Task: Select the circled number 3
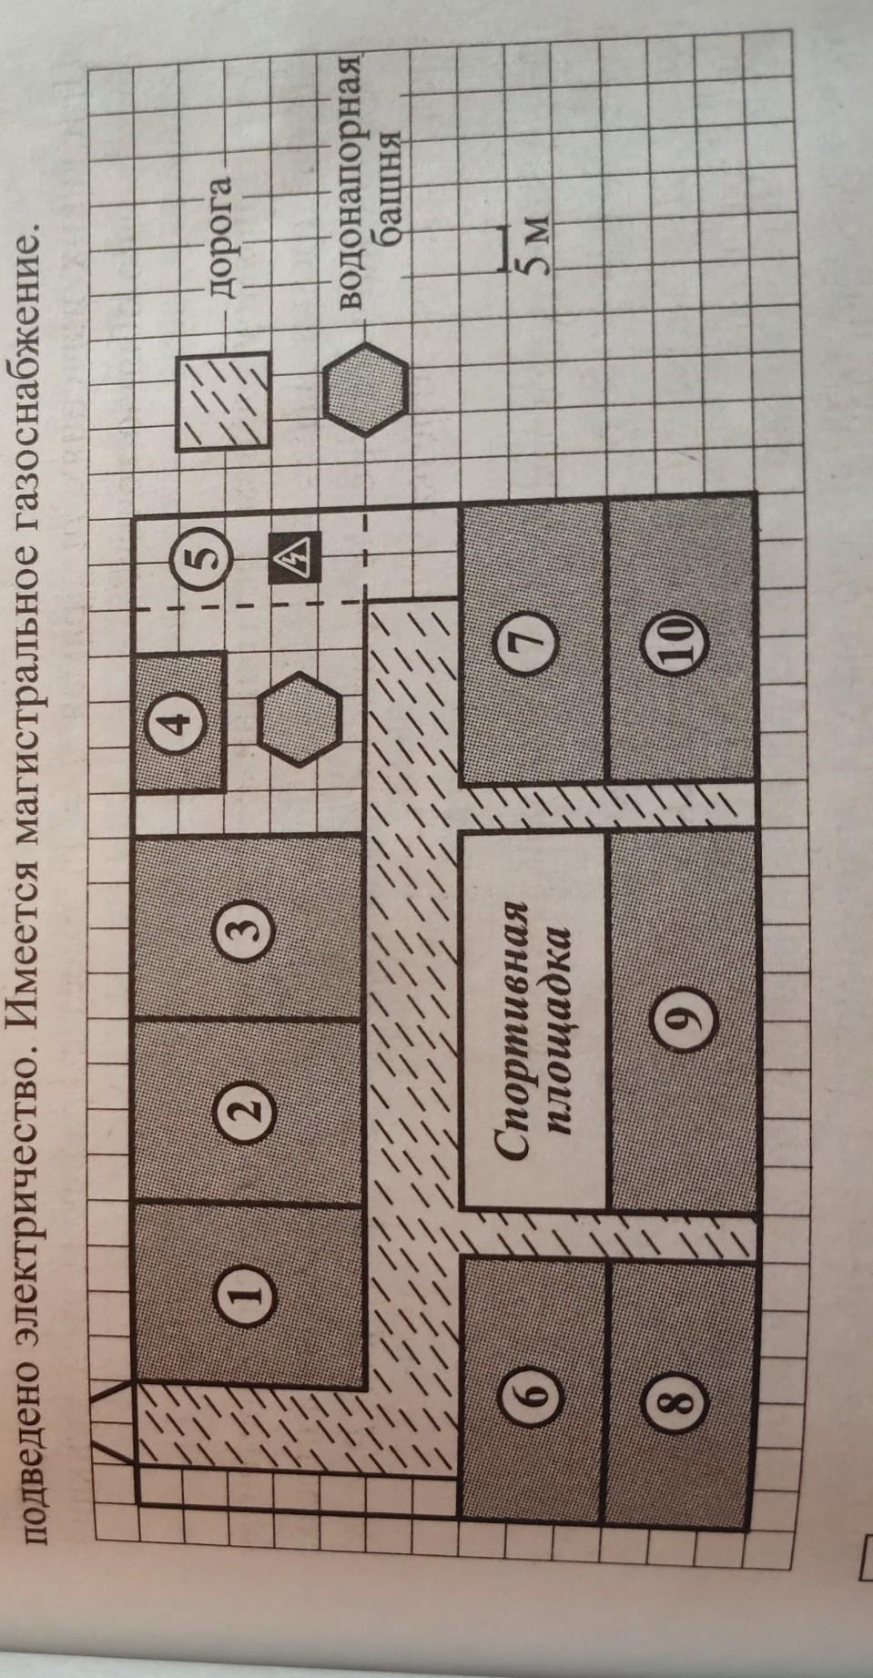[x=253, y=929]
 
